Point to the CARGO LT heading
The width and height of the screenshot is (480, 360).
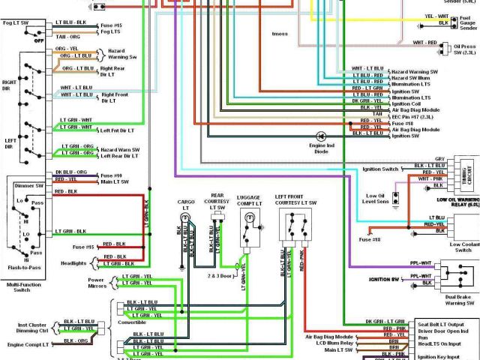186,205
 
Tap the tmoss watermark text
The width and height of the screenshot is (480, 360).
280,34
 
